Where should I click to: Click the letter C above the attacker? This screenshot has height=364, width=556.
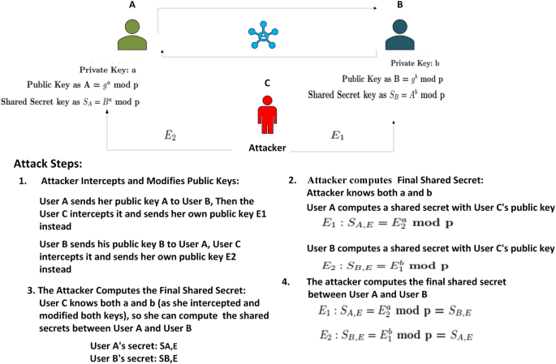coord(266,83)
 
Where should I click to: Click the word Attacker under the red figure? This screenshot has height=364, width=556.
coord(267,148)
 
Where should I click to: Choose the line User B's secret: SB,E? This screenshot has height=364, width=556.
coord(134,358)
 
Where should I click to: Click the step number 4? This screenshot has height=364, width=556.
coord(284,281)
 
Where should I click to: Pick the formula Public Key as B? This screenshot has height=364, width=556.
coord(393,79)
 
